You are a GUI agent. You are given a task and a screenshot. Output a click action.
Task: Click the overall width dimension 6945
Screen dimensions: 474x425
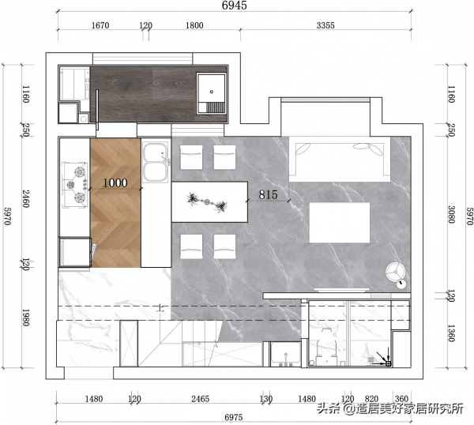coord(235,6)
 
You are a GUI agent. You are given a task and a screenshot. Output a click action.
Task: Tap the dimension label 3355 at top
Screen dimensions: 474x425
coord(325,25)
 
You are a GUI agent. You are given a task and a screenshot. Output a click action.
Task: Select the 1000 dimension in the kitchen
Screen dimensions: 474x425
coord(115,183)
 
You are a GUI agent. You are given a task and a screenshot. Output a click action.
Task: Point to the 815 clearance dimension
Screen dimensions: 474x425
coord(268,194)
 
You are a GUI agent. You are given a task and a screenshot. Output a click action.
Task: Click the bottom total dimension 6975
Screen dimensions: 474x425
coord(234,417)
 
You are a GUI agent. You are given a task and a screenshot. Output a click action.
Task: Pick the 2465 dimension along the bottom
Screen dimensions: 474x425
coord(200,399)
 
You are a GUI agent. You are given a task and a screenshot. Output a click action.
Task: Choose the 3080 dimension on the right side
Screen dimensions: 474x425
coord(451,215)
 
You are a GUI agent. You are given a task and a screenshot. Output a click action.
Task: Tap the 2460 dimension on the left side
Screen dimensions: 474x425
coord(26,198)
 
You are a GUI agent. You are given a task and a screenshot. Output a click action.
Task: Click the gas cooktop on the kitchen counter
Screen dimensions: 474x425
coord(75,185)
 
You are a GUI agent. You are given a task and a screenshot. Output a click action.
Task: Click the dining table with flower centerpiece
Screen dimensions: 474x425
coord(209,202)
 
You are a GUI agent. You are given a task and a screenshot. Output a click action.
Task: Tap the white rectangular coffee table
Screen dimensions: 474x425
coord(340,223)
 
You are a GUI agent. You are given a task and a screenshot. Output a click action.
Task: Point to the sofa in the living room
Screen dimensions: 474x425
coord(340,159)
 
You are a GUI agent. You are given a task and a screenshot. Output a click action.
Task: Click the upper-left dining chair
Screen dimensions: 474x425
coord(191,157)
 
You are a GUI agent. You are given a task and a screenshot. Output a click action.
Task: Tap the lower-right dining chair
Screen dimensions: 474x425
coord(224,246)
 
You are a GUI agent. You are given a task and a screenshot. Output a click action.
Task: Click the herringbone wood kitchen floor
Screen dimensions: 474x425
coord(115,203)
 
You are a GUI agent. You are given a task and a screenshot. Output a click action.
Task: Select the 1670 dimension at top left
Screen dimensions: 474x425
coord(100,25)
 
